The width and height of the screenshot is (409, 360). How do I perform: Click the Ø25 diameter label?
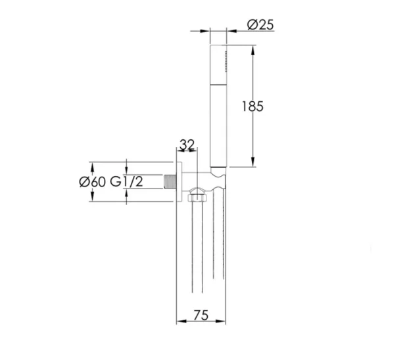click(260, 26)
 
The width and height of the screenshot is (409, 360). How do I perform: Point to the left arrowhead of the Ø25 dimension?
click(206, 30)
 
